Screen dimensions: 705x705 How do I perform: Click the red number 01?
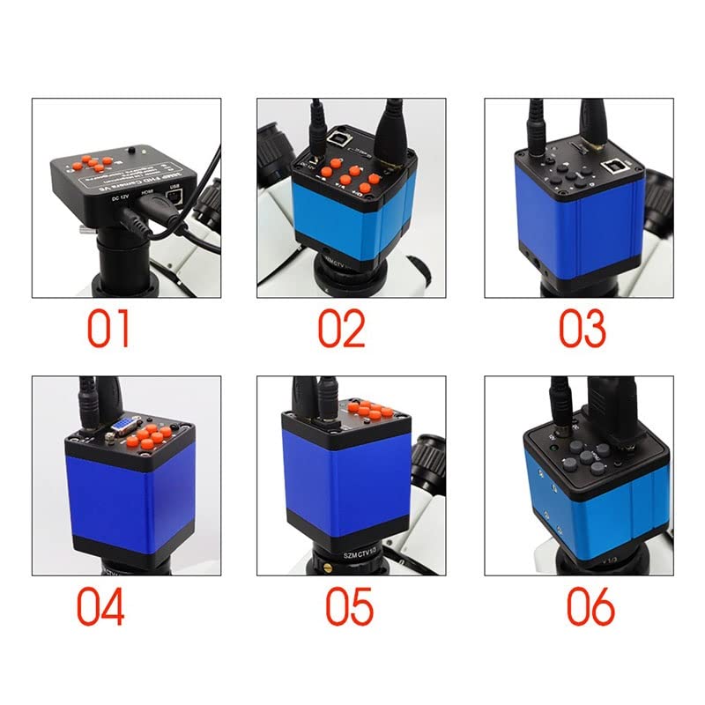tap(108, 327)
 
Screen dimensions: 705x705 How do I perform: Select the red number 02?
tap(341, 327)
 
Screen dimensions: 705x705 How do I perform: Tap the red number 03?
tap(583, 327)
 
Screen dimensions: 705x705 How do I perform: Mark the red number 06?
tap(590, 607)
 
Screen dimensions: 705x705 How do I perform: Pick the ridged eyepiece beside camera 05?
tap(427, 458)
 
